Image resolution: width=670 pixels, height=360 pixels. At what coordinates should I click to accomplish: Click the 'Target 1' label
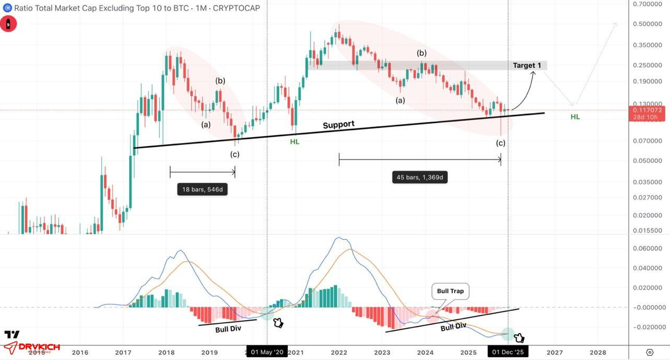[x=527, y=66]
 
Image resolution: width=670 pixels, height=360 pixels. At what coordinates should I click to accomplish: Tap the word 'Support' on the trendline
[x=338, y=125]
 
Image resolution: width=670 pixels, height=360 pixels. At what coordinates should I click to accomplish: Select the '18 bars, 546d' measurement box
[x=202, y=189]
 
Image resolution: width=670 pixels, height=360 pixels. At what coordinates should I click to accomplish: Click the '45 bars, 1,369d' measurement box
[x=420, y=177]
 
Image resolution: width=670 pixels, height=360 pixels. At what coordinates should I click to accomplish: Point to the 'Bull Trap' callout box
[x=450, y=291]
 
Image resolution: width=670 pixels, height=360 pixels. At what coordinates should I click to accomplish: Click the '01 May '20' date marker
[x=267, y=352]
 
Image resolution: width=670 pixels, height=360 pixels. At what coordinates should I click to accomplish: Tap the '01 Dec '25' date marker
[x=508, y=352]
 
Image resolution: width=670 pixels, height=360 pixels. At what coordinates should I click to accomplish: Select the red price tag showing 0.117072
[x=649, y=113]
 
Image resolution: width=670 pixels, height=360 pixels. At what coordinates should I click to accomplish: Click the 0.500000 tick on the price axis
[x=647, y=24]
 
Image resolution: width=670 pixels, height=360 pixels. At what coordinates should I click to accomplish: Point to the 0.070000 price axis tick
[x=647, y=141]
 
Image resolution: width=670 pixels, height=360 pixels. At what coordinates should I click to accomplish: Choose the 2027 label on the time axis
[x=555, y=352]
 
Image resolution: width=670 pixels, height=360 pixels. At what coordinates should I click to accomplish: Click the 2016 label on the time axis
[x=80, y=352]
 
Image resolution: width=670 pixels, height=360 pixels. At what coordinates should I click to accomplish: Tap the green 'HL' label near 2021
[x=295, y=142]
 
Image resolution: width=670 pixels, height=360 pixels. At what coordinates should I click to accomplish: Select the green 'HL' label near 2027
[x=575, y=117]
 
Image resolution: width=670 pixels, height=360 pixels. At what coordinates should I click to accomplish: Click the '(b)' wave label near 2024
[x=422, y=53]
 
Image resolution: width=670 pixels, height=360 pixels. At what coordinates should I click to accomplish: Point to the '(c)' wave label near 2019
[x=234, y=155]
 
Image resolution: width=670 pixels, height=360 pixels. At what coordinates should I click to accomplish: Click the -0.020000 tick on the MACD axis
[x=647, y=327]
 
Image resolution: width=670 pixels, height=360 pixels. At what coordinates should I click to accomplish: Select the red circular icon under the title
[x=8, y=24]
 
